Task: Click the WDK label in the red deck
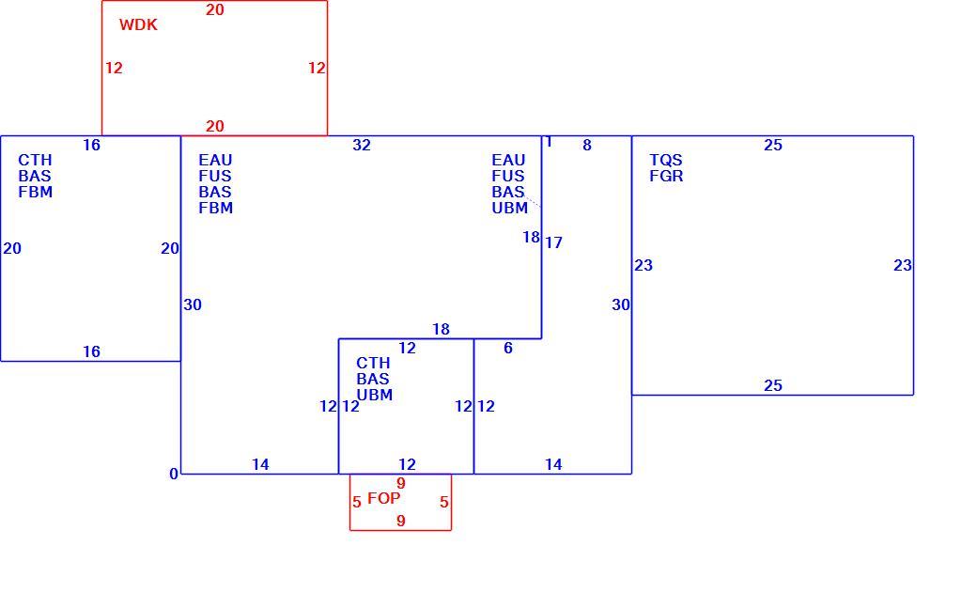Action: [x=138, y=25]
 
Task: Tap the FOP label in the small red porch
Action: [x=384, y=498]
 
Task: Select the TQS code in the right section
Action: [x=666, y=161]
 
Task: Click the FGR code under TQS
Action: [x=666, y=177]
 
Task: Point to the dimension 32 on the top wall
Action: [x=362, y=146]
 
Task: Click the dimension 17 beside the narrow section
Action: [x=553, y=242]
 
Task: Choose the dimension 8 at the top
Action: [x=587, y=146]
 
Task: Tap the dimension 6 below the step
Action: [x=508, y=348]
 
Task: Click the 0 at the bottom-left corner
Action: [x=174, y=474]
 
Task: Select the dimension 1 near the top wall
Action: [x=549, y=142]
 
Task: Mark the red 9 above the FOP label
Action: [x=400, y=483]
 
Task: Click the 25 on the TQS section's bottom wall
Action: [x=772, y=386]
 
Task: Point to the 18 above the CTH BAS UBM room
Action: [x=441, y=329]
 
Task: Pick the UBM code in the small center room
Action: [x=375, y=396]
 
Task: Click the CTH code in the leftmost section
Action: [x=35, y=161]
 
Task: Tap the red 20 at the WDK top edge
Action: [x=215, y=10]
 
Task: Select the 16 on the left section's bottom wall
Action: [x=92, y=351]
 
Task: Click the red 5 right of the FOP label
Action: [x=443, y=502]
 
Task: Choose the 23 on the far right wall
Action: [x=902, y=266]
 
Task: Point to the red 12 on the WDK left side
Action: [x=114, y=68]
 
